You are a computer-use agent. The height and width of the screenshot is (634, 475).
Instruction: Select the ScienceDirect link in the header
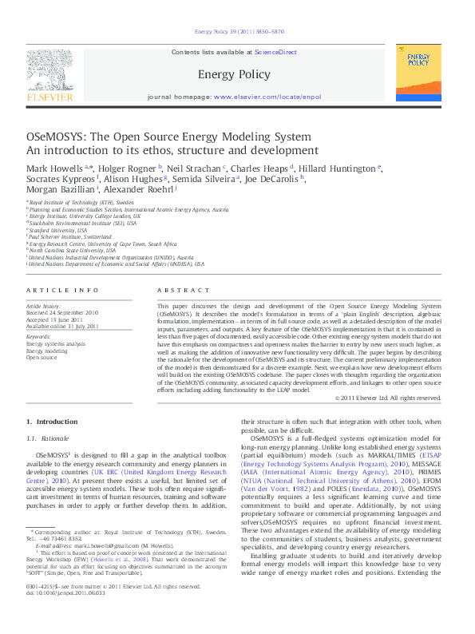point(275,52)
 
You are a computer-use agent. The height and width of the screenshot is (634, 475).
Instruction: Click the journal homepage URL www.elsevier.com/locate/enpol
point(267,97)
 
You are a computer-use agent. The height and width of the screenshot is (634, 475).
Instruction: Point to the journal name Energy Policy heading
point(237,74)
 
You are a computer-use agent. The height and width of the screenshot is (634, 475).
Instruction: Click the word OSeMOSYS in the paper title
point(56,137)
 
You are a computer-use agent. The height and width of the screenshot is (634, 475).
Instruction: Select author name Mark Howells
point(55,168)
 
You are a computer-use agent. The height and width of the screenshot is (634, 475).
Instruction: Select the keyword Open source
point(42,358)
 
